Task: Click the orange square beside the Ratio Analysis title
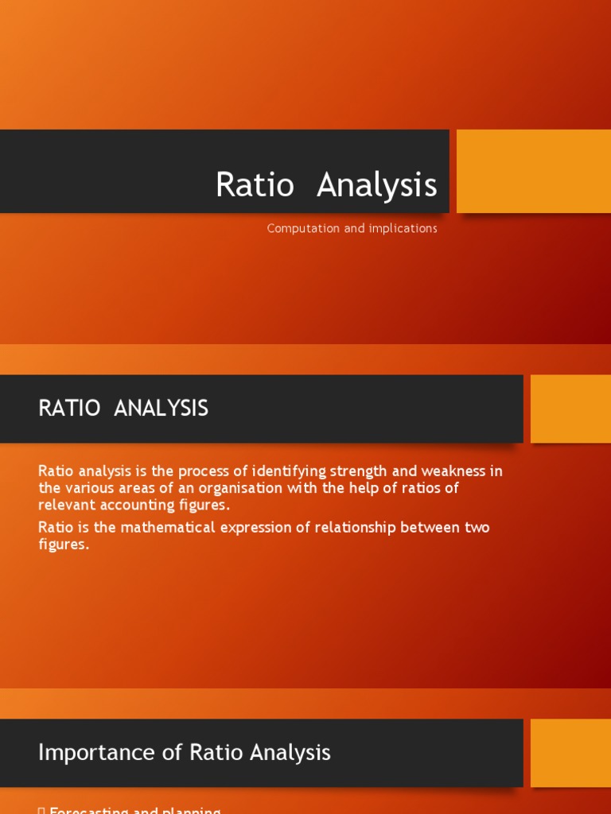coord(533,171)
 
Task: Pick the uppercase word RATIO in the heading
coord(69,409)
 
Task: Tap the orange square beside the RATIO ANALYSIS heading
coord(570,409)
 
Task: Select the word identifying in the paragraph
coord(281,471)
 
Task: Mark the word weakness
coord(450,471)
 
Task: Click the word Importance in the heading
coord(88,753)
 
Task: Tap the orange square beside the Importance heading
coord(570,753)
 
